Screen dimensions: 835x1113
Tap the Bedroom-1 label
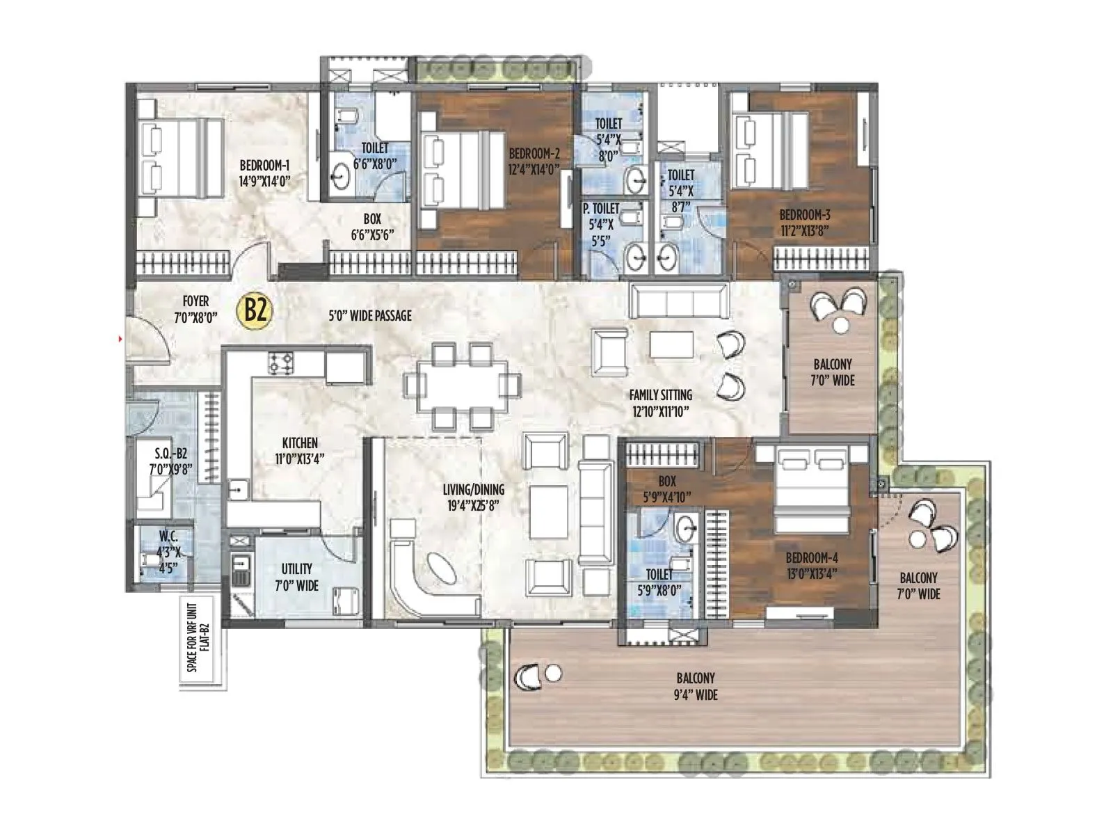(264, 166)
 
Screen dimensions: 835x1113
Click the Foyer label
(195, 301)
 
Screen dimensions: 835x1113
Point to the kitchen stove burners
(282, 362)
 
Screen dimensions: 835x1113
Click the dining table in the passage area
(462, 385)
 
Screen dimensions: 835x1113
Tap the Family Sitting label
(660, 395)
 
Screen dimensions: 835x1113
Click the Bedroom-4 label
(811, 557)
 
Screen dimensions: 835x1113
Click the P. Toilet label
(601, 208)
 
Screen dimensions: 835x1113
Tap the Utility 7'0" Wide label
(296, 577)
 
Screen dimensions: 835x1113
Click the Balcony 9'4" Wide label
(696, 685)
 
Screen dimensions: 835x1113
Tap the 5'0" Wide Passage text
(370, 316)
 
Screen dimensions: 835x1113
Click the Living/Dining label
(474, 489)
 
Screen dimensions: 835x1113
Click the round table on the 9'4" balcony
(554, 673)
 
